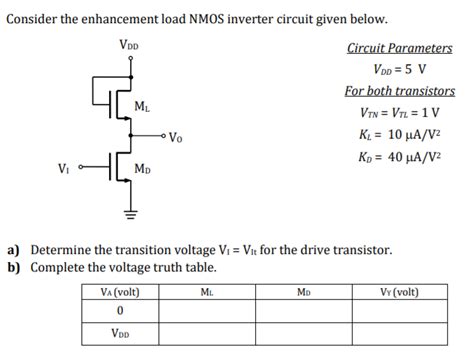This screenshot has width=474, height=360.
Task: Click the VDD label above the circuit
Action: [129, 45]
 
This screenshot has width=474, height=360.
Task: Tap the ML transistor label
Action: [142, 106]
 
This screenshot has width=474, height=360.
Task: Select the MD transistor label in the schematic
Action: [142, 169]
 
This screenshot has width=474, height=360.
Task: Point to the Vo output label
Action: [176, 137]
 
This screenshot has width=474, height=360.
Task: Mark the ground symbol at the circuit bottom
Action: [129, 210]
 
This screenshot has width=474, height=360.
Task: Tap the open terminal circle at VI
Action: [83, 166]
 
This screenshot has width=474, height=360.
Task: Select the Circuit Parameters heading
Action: [399, 48]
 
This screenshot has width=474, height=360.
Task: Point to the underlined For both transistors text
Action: [399, 91]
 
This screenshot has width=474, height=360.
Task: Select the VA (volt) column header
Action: [119, 292]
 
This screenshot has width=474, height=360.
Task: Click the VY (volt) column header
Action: [399, 292]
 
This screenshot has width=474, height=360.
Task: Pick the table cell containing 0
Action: [119, 312]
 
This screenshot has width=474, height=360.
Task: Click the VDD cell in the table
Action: [119, 335]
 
